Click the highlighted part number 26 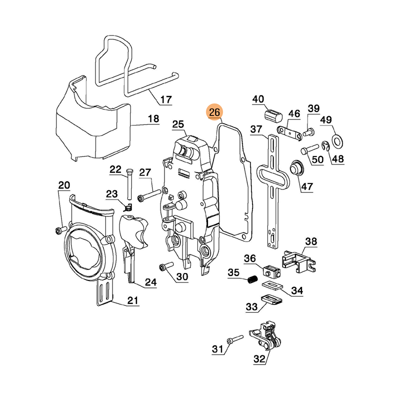pyautogui.click(x=215, y=112)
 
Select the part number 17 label pyautogui.click(x=166, y=99)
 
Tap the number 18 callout pyautogui.click(x=153, y=119)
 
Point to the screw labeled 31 pyautogui.click(x=234, y=340)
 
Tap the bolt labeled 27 pyautogui.click(x=149, y=193)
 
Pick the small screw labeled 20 pyautogui.click(x=60, y=229)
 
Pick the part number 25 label pyautogui.click(x=178, y=124)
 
